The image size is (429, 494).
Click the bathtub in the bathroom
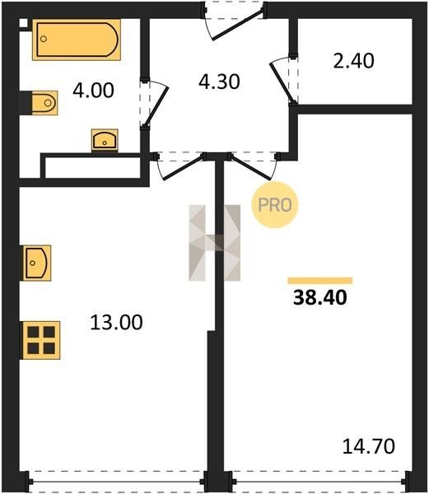pyautogui.click(x=77, y=40)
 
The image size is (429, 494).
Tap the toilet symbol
pyautogui.click(x=44, y=103)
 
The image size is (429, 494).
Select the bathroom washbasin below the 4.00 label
pyautogui.click(x=105, y=140)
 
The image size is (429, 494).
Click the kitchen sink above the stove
pyautogui.click(x=37, y=263)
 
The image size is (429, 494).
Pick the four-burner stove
pyautogui.click(x=41, y=340)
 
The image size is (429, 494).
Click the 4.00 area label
pyautogui.click(x=93, y=91)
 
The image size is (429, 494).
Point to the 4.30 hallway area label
pyautogui.click(x=219, y=82)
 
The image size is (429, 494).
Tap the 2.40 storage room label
pyautogui.click(x=354, y=61)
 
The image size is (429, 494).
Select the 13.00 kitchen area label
pyautogui.click(x=117, y=322)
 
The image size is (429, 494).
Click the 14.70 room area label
pyautogui.click(x=369, y=446)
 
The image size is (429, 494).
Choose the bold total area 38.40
pyautogui.click(x=320, y=298)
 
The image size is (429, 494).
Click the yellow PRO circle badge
pyautogui.click(x=275, y=205)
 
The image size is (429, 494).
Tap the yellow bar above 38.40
pyautogui.click(x=320, y=281)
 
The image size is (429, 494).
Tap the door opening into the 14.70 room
pyautogui.click(x=251, y=169)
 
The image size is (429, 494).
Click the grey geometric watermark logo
pyautogui.click(x=214, y=243)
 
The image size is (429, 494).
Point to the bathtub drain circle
pyautogui.click(x=44, y=39)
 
